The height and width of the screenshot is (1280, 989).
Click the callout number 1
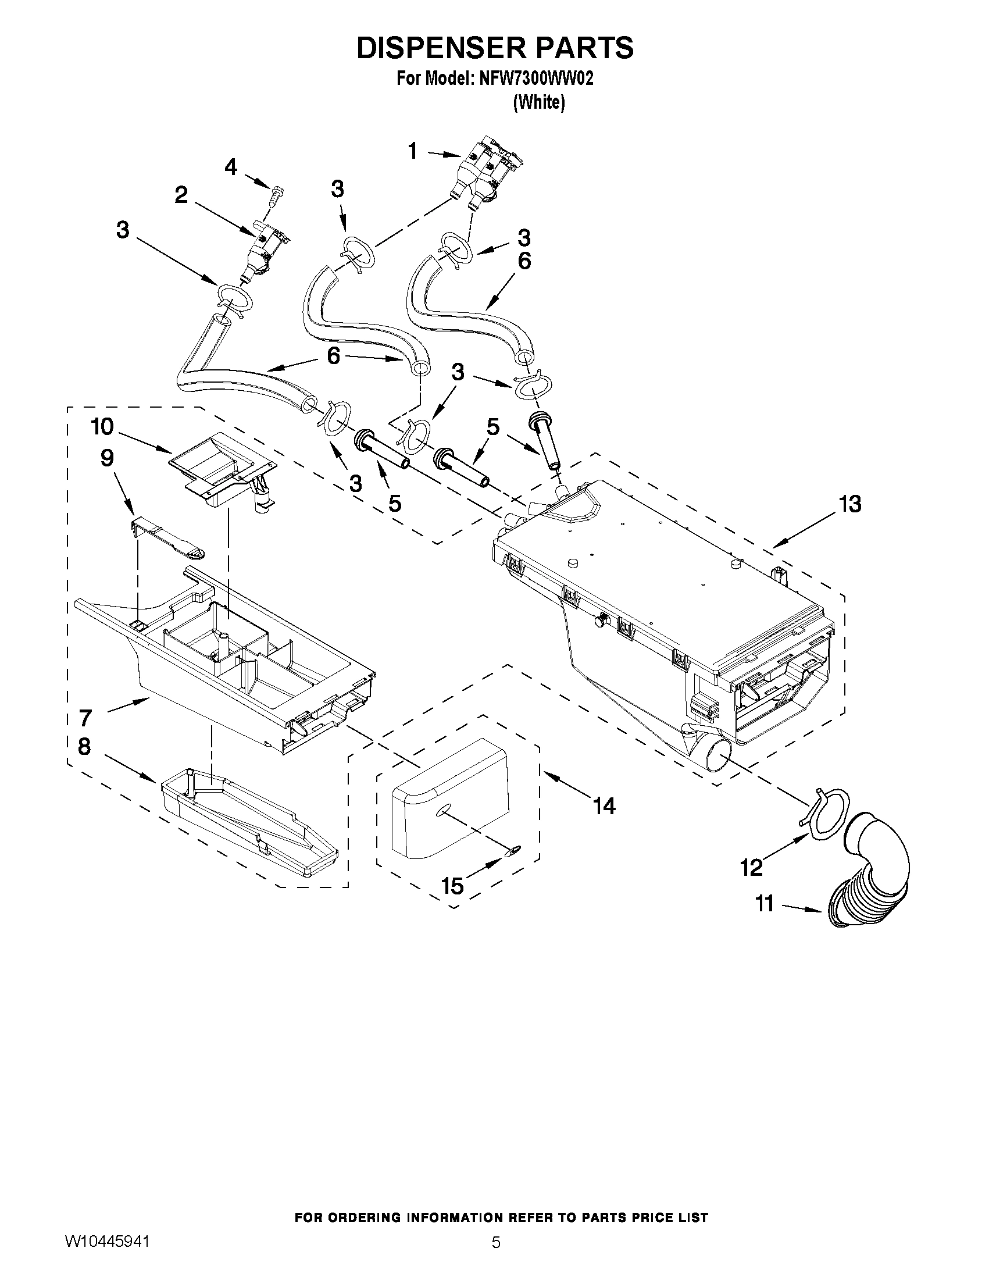(412, 151)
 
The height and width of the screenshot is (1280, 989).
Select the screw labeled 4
(276, 194)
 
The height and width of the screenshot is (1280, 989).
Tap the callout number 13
(849, 504)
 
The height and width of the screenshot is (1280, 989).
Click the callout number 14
(604, 807)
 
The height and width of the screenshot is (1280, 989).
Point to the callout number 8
(84, 747)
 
